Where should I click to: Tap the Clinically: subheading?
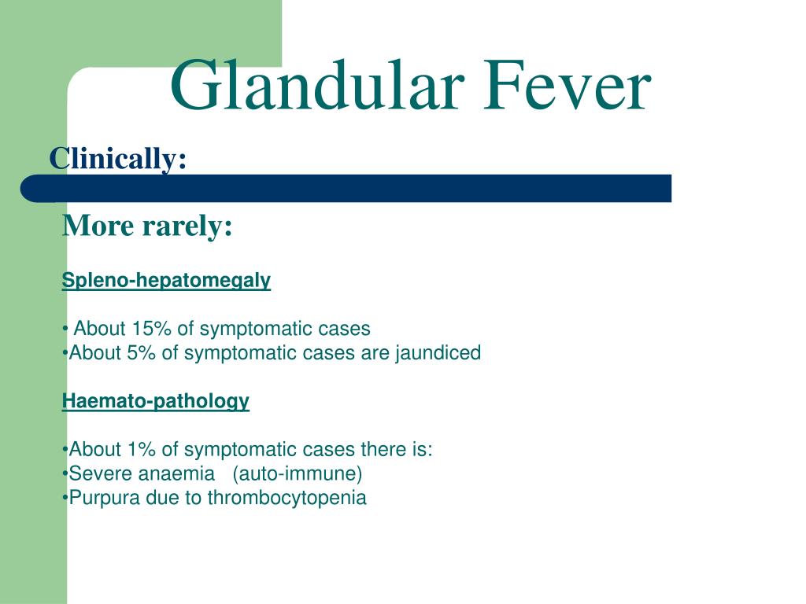118,159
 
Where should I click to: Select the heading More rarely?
147,226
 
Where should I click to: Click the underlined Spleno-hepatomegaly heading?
166,281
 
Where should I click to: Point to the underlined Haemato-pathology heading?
156,401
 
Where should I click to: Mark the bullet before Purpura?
65,499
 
